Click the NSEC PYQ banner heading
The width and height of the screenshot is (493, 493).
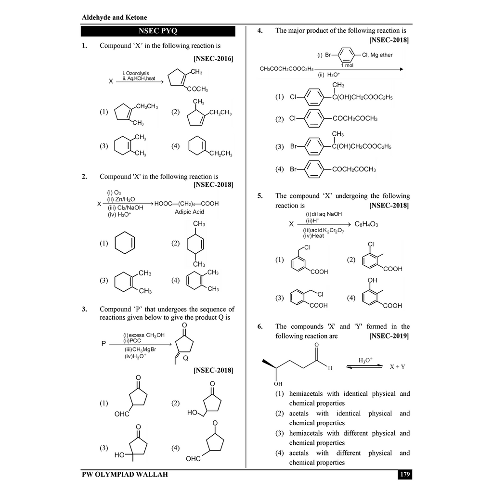tap(158, 31)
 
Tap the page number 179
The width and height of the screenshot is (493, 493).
tap(404, 474)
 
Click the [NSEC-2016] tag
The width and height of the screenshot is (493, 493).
tap(213, 58)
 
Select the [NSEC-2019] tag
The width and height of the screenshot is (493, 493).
tap(389, 336)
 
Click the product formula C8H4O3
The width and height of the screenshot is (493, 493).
tap(366, 224)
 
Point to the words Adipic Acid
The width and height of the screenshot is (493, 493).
tap(189, 212)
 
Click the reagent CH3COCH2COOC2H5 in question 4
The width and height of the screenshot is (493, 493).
tap(286, 68)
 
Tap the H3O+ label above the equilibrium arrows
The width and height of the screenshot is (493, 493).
tap(365, 360)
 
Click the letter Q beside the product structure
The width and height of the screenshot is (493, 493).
tap(185, 358)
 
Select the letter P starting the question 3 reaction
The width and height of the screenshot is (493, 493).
tap(104, 344)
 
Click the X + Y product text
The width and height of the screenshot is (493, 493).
tap(397, 366)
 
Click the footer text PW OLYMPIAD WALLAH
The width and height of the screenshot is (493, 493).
tap(125, 474)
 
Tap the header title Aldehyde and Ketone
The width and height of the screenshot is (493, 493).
tap(114, 17)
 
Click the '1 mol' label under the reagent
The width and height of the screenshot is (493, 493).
tap(347, 65)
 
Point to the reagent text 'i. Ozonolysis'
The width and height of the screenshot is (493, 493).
tap(136, 73)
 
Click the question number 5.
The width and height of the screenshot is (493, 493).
tap(260, 196)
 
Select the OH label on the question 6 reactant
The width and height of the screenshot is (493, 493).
tap(278, 384)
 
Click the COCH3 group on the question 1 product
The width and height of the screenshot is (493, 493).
tap(198, 89)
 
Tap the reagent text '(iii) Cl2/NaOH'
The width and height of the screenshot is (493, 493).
tap(125, 208)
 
